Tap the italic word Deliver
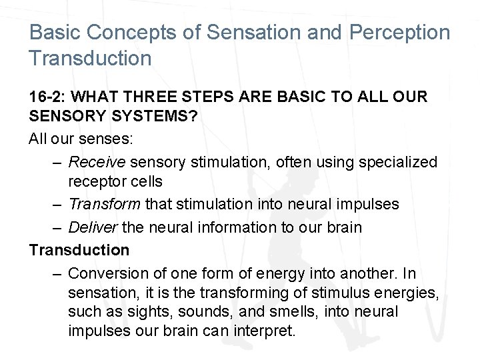(93, 227)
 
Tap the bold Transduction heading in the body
(79, 249)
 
